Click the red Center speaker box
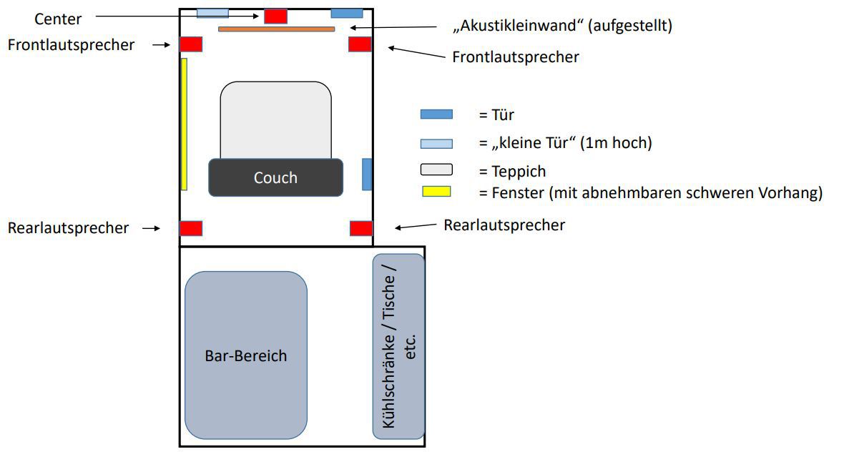[x=275, y=16]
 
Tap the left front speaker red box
[x=191, y=44]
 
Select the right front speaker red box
[x=360, y=44]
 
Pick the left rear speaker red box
[x=191, y=228]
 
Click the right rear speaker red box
[x=361, y=228]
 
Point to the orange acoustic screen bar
[x=276, y=29]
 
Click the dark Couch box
[x=275, y=177]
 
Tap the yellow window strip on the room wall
[x=184, y=124]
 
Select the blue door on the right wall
[x=367, y=175]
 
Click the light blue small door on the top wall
[x=212, y=13]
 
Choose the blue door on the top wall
[x=347, y=13]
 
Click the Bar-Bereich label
[x=245, y=355]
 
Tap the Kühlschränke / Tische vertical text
[x=398, y=347]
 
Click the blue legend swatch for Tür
[x=436, y=114]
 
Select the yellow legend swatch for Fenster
[x=436, y=192]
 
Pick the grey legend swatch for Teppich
[x=436, y=170]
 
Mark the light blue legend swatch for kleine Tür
[x=436, y=143]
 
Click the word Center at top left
[x=58, y=19]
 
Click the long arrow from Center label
[x=175, y=16]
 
